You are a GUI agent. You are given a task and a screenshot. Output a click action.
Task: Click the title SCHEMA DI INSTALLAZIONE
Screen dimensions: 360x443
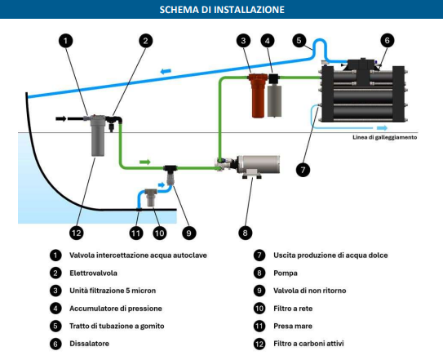[x=221, y=10]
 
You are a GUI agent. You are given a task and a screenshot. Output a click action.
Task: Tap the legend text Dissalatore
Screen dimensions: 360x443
[x=89, y=344]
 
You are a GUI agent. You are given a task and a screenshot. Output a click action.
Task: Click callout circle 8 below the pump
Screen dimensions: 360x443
[x=245, y=233]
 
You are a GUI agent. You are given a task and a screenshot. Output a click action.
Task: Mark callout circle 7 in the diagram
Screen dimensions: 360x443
[x=303, y=170]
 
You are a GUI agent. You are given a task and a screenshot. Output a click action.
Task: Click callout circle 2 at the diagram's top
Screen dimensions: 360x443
[x=145, y=40]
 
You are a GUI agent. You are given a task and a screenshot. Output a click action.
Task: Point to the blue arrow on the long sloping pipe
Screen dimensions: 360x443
[x=166, y=73]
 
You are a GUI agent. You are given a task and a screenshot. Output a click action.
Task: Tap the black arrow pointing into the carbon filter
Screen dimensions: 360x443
[x=64, y=119]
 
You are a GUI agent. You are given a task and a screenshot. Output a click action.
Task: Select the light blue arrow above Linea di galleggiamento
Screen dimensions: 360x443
[x=382, y=127]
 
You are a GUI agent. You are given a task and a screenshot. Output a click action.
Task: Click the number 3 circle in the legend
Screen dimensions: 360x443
[x=55, y=291]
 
